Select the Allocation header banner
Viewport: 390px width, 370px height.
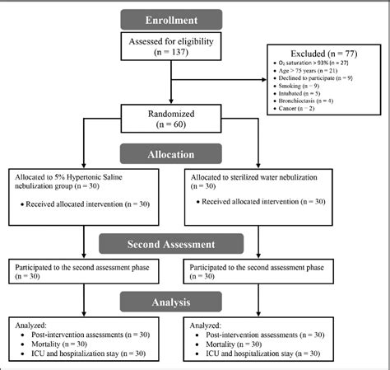pos(170,155)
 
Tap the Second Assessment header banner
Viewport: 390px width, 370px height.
pos(170,244)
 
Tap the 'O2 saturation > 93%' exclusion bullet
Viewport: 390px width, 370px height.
pos(317,62)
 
